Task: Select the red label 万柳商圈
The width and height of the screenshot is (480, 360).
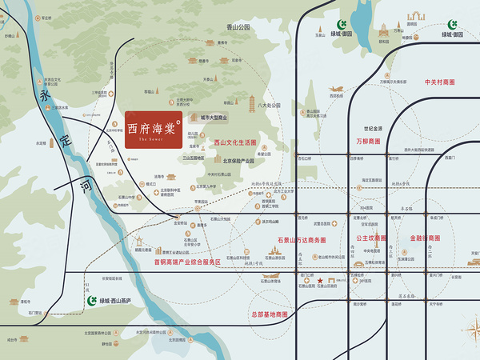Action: click(x=369, y=142)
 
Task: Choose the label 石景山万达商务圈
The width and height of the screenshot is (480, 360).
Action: click(x=302, y=239)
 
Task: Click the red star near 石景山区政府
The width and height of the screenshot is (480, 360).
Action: click(x=320, y=280)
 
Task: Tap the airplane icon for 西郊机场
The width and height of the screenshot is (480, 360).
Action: click(x=335, y=88)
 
